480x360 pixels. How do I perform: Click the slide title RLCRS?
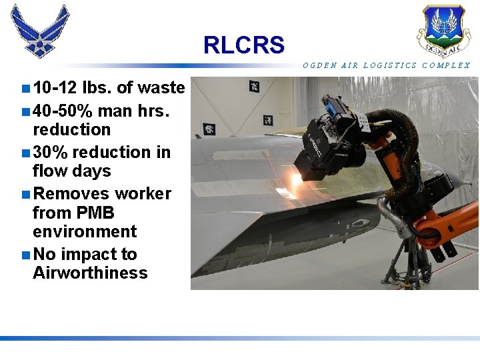[x=243, y=45]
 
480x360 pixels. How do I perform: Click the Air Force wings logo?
[x=40, y=31]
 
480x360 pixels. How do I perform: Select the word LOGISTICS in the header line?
[x=392, y=65]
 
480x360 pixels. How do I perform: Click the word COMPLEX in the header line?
[x=446, y=65]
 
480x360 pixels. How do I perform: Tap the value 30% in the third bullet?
[x=50, y=152]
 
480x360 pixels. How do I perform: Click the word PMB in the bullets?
[x=94, y=213]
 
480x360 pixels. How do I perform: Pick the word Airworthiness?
[x=90, y=273]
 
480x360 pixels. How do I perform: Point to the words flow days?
[x=71, y=171]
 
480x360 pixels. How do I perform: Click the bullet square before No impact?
[x=25, y=255]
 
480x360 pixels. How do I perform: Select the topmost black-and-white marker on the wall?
[x=254, y=87]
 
